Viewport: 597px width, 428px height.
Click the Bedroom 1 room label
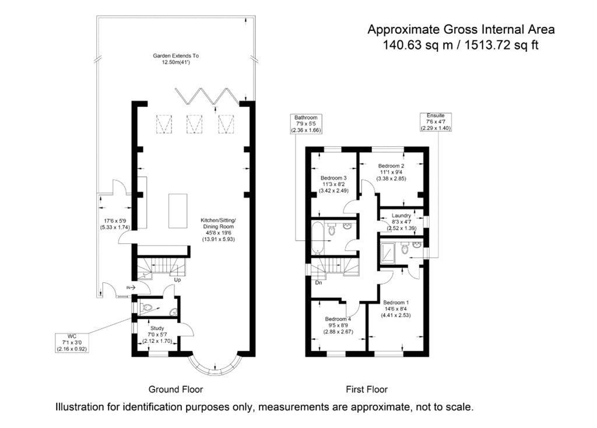[x=396, y=303]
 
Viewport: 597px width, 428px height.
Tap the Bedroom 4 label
[x=338, y=319]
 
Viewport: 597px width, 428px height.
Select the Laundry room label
[x=401, y=216]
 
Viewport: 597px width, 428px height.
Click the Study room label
[x=157, y=328]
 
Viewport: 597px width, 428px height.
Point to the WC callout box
[x=72, y=343]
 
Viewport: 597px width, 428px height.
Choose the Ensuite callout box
[x=436, y=122]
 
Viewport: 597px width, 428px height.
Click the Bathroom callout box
[x=306, y=124]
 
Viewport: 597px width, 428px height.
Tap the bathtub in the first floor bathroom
[x=317, y=238]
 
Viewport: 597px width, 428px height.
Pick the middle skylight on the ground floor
[x=194, y=124]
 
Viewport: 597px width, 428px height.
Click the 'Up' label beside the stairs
[x=177, y=280]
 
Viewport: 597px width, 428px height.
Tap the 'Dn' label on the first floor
[x=319, y=283]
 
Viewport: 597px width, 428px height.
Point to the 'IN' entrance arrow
[x=131, y=288]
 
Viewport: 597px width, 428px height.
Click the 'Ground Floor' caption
[x=175, y=390]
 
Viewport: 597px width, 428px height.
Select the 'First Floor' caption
[x=367, y=390]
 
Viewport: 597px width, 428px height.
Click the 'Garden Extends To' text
[x=176, y=55]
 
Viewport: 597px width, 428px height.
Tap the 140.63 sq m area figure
[x=417, y=45]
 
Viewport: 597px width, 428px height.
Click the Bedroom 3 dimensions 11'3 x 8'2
[x=333, y=184]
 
